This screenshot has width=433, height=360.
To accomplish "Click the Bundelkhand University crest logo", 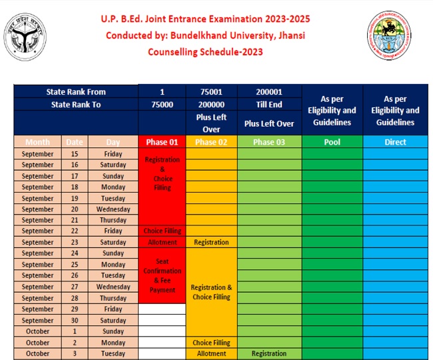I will tap(390, 35).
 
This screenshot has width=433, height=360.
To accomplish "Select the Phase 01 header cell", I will tap(162, 142).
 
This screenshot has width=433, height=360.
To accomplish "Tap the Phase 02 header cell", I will tap(211, 142).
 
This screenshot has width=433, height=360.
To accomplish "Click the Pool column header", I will tap(332, 142).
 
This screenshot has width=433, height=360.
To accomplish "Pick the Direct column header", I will tap(395, 142).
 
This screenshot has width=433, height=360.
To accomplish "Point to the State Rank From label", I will tap(76, 92).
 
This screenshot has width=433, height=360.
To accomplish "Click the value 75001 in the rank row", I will tap(211, 92).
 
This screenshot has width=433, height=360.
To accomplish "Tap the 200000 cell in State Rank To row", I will tap(211, 105).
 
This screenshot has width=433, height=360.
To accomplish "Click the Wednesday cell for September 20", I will tap(113, 209).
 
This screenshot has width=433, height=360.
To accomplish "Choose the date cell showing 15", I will tap(75, 154).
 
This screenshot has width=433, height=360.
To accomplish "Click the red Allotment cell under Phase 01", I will tap(162, 243).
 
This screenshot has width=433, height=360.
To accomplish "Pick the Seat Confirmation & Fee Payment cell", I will tap(162, 275).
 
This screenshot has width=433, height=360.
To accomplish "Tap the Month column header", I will tap(37, 142).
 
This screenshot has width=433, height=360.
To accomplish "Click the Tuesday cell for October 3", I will tap(113, 353).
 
